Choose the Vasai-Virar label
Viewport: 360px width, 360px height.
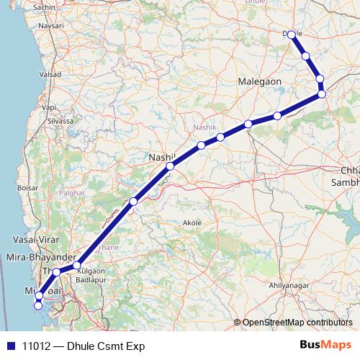31,239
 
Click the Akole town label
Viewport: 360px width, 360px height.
192,223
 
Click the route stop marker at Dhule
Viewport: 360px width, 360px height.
292,34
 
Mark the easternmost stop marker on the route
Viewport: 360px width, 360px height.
322,94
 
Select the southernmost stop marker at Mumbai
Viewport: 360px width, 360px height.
38,306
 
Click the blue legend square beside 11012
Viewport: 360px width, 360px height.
9,346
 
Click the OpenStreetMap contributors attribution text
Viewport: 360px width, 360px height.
297,323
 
